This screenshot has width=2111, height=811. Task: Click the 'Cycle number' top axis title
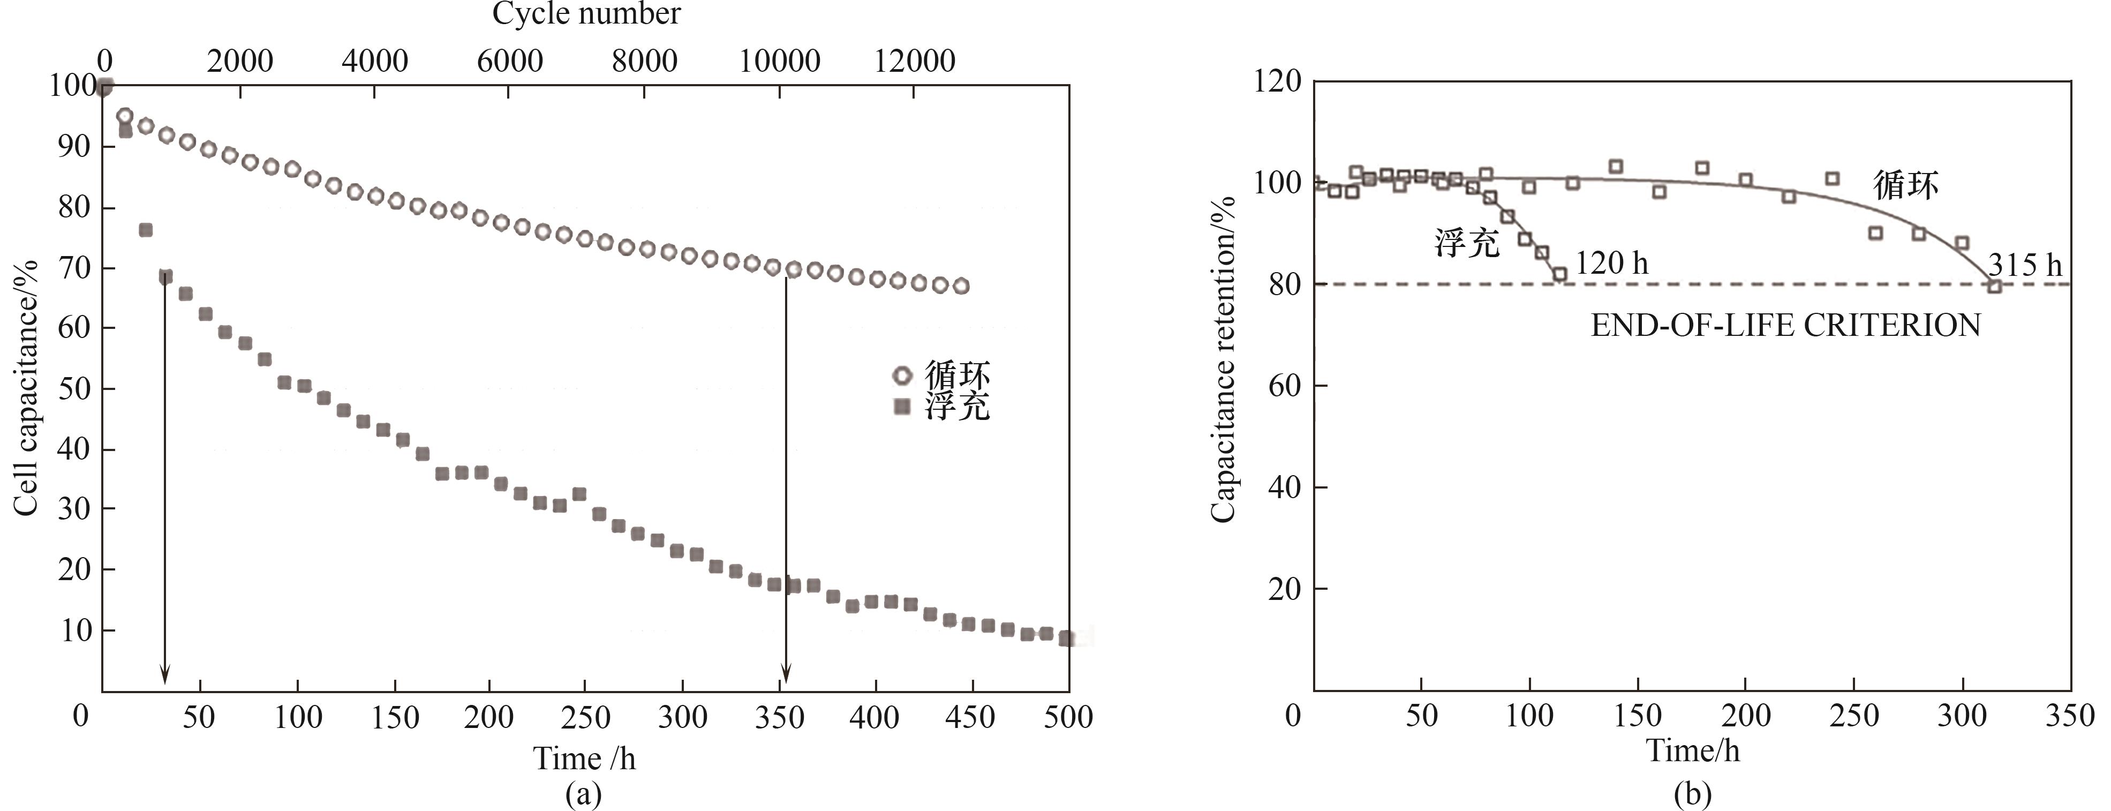(586, 14)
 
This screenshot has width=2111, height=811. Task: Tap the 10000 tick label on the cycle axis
(779, 61)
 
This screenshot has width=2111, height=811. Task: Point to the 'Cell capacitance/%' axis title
(26, 388)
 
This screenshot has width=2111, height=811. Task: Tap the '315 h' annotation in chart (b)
(2025, 265)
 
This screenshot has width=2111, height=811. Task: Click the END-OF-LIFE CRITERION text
(1785, 326)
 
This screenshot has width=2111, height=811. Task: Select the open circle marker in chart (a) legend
(902, 376)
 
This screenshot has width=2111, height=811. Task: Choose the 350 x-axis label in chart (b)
(2070, 715)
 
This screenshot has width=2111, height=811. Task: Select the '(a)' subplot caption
(584, 794)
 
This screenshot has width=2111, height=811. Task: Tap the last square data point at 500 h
(1066, 638)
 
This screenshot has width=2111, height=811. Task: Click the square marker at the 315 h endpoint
(1995, 286)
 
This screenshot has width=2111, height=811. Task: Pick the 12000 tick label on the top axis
(915, 61)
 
